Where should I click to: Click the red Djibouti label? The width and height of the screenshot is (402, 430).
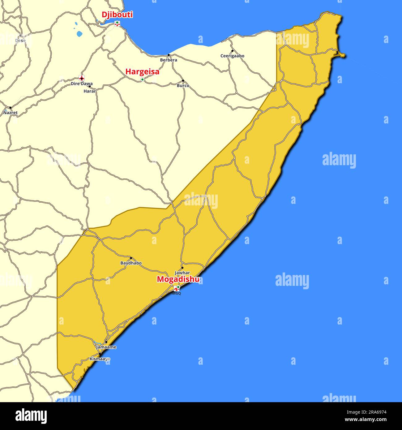click(117, 15)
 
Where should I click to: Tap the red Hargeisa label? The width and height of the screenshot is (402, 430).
click(142, 72)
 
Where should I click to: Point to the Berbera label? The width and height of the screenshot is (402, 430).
click(169, 60)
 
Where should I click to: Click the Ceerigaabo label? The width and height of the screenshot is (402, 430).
click(232, 56)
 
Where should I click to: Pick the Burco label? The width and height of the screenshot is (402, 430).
click(183, 86)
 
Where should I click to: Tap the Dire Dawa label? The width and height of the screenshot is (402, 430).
click(82, 84)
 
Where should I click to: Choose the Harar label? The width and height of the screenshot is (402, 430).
click(90, 91)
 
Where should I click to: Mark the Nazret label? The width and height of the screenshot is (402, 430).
click(11, 113)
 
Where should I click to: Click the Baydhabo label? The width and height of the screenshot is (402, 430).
click(131, 263)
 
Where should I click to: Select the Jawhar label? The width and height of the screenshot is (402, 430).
click(182, 273)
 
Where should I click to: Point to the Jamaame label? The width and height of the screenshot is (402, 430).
click(106, 347)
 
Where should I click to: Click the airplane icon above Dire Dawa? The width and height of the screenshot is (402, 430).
click(82, 78)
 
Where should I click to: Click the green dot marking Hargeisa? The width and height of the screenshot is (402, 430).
click(143, 80)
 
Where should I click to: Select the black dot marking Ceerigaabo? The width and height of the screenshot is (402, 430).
click(233, 51)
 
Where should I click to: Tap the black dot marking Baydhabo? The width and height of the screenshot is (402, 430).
click(131, 258)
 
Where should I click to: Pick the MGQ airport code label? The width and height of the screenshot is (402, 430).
click(177, 293)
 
